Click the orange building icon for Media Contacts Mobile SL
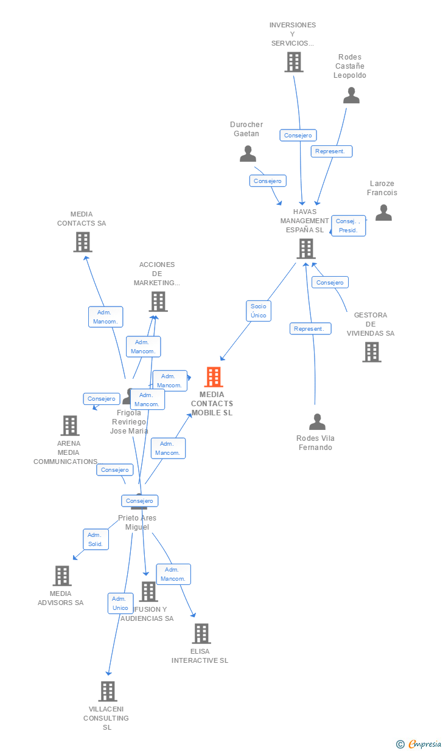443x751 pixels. (x=213, y=377)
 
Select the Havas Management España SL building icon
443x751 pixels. (x=305, y=249)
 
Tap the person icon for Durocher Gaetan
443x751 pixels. (x=248, y=154)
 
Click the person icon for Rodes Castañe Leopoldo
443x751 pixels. (x=351, y=95)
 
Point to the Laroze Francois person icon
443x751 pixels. (x=383, y=212)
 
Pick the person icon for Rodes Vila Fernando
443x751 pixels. (x=317, y=421)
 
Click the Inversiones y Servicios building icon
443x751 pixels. (x=293, y=62)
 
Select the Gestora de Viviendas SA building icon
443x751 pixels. (x=371, y=352)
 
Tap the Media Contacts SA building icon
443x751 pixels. (x=82, y=242)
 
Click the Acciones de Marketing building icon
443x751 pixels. (x=158, y=302)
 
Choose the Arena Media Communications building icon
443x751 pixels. (x=70, y=426)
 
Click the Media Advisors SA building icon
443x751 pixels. (x=61, y=576)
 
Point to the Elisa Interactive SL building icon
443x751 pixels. (x=201, y=634)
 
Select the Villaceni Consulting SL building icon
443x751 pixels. (x=108, y=691)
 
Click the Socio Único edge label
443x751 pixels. (x=258, y=311)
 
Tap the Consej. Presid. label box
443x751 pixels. (x=348, y=226)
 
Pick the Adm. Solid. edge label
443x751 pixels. (x=96, y=539)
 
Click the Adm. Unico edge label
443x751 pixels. (x=120, y=603)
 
